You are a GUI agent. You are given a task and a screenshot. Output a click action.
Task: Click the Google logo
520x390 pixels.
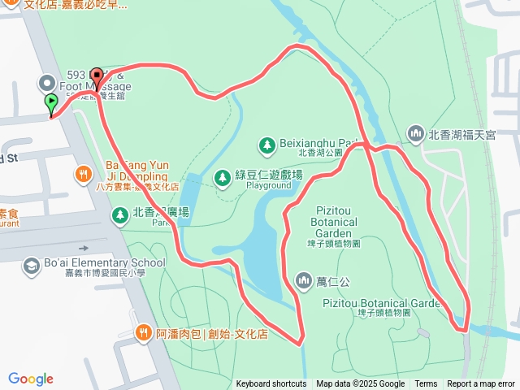tap(31, 379)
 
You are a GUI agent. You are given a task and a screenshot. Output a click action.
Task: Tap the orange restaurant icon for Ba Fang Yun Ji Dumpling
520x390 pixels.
tap(83, 174)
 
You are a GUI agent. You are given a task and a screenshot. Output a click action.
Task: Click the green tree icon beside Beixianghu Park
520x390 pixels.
tap(266, 145)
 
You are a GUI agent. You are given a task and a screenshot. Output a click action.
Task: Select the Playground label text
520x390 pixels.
tap(262, 185)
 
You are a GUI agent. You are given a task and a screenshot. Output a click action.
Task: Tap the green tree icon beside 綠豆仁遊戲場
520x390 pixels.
tap(222, 176)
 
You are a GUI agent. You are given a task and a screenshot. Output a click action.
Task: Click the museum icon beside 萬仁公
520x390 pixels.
tap(304, 281)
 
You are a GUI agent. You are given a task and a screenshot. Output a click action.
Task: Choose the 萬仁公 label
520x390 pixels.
tap(333, 282)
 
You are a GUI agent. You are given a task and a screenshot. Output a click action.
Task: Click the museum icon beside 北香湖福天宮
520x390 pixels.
tap(415, 132)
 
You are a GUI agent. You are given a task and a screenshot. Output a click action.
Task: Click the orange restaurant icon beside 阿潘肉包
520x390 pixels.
tap(143, 332)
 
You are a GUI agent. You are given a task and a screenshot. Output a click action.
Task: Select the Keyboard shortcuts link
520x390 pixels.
tap(271, 384)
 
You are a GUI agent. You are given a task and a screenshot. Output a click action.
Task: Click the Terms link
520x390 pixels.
tap(426, 384)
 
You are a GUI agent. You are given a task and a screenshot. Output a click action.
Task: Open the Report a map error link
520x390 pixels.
tap(482, 384)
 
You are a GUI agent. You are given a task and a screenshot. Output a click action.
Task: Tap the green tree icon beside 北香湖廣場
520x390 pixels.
tap(119, 214)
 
